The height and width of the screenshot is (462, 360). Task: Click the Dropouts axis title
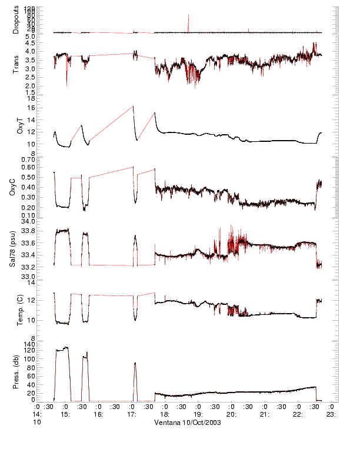16,19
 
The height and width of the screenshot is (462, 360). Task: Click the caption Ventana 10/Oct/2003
188,423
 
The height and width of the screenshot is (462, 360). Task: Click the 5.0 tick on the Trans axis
29,36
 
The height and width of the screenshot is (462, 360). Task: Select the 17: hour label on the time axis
132,414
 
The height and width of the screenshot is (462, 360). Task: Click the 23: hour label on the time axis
332,414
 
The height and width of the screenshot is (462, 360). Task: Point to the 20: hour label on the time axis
232,414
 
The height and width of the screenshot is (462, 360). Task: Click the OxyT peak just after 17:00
133,107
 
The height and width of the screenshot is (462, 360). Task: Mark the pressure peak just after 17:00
135,363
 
